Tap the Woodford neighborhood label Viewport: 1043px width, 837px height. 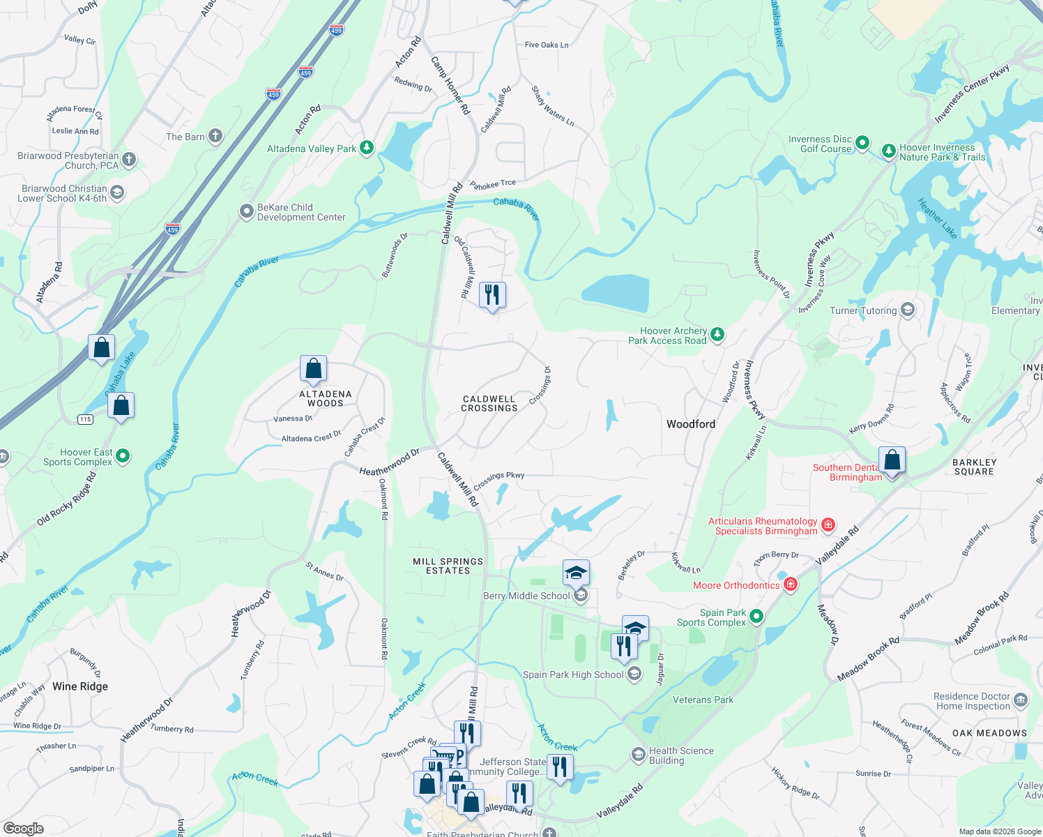(690, 424)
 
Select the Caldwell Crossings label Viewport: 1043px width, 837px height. (489, 403)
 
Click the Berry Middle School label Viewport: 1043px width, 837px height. (526, 596)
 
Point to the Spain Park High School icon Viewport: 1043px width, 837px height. (634, 674)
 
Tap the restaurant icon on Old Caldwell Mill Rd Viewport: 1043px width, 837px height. (492, 296)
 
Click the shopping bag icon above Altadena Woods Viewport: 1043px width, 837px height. (313, 369)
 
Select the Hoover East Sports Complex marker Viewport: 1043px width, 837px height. (123, 456)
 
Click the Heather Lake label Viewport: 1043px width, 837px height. (936, 218)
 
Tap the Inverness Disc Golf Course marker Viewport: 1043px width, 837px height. (862, 143)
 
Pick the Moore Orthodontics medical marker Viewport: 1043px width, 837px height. (790, 585)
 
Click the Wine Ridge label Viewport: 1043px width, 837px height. (80, 686)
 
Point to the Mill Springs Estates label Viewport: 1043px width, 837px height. (448, 566)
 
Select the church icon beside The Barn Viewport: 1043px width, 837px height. (215, 136)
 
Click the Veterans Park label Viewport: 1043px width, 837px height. (703, 700)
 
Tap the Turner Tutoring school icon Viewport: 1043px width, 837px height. (907, 310)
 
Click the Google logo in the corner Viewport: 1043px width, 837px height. (23, 829)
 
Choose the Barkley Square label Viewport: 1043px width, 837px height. (974, 467)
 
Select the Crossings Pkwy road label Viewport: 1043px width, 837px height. (498, 480)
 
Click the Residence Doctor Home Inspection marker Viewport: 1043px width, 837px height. (1020, 700)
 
